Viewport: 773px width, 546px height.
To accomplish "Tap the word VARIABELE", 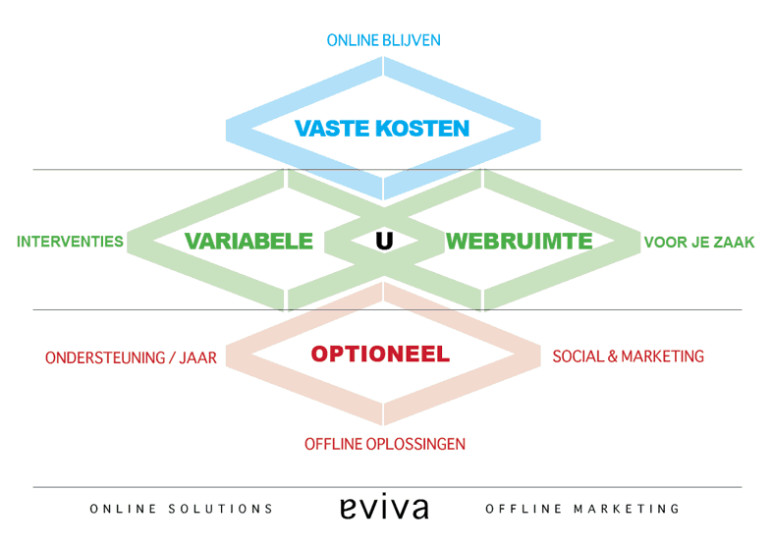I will (x=249, y=241).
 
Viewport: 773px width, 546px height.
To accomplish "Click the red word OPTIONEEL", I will (x=380, y=355).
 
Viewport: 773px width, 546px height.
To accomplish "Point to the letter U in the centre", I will (x=384, y=241).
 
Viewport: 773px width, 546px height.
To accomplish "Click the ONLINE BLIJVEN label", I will (x=383, y=41).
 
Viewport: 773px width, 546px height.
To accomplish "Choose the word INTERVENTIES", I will (x=70, y=242).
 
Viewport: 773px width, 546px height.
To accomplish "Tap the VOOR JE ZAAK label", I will (x=699, y=243).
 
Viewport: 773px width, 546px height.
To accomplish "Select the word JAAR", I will (x=197, y=358).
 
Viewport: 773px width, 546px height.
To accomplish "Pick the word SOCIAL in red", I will (x=578, y=356).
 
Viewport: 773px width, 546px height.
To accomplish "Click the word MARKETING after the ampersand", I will (x=663, y=356).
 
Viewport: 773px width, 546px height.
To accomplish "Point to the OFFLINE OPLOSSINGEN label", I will (x=384, y=444).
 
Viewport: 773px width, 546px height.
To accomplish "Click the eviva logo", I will (x=384, y=507).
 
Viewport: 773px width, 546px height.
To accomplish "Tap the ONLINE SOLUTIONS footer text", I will (x=182, y=509).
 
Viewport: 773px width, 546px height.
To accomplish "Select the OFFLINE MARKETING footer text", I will (x=582, y=509).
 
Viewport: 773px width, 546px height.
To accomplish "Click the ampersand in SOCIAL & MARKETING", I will (x=613, y=356).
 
